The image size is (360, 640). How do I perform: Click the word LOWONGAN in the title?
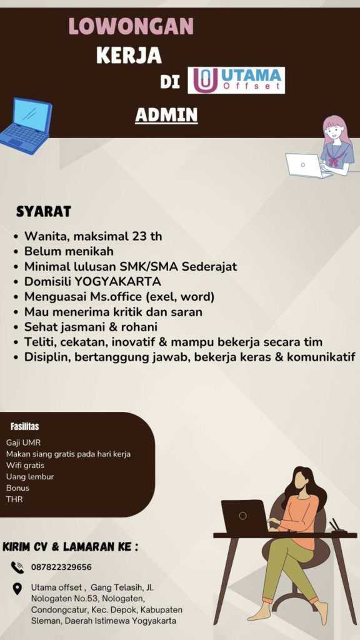[131, 26]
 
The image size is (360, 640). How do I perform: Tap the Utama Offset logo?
[236, 80]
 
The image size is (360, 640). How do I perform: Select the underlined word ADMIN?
[166, 115]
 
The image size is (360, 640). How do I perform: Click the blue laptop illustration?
[26, 125]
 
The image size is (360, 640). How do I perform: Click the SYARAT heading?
[44, 211]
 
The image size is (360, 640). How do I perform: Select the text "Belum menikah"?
[69, 251]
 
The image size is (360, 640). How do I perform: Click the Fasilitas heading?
[25, 426]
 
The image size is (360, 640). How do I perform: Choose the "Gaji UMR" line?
[24, 442]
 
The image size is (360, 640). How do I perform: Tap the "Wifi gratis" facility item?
[25, 465]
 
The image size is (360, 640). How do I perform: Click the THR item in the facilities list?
[14, 499]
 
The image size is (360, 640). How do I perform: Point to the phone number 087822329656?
[61, 567]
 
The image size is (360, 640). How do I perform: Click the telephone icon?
[17, 567]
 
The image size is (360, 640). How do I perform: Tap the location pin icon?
[17, 589]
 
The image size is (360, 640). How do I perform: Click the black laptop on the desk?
[244, 517]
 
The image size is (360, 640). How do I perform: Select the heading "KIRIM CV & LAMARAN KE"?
[70, 546]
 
